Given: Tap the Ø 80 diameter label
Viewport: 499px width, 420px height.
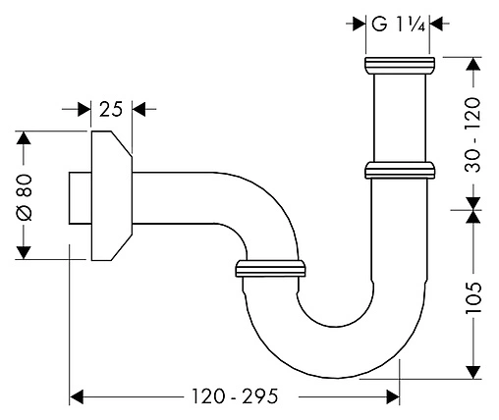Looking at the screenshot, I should [x=27, y=195].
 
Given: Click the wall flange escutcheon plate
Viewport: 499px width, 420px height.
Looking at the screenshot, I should [x=106, y=195].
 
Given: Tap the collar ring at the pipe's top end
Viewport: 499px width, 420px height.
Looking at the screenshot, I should [x=401, y=67].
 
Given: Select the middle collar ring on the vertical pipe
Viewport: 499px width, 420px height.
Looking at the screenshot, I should [x=401, y=171].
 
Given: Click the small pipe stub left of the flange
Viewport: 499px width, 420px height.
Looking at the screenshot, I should [x=79, y=196].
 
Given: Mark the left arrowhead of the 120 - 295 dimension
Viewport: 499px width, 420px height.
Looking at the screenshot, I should [x=78, y=396].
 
